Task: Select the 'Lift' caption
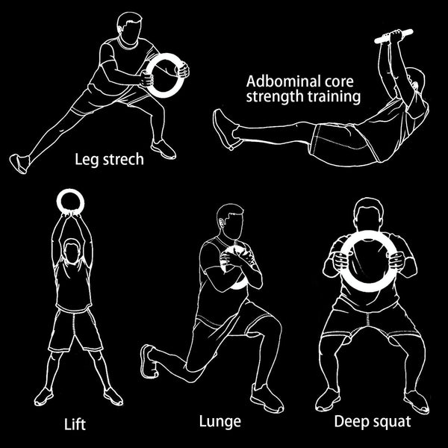[75, 425]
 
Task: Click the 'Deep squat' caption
[372, 422]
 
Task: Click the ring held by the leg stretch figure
[164, 75]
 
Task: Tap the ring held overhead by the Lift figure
[72, 201]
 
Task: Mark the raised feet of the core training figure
[226, 128]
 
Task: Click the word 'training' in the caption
[333, 97]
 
